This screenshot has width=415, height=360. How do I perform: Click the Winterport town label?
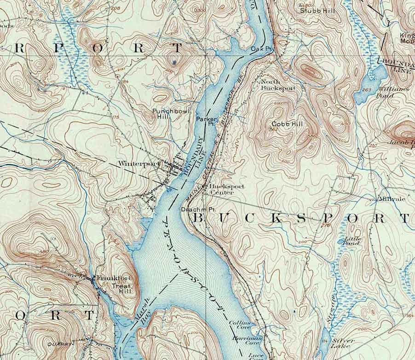pyautogui.click(x=132, y=163)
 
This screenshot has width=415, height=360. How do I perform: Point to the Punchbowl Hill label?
pyautogui.click(x=162, y=114)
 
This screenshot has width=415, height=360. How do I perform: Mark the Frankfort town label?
pyautogui.click(x=109, y=278)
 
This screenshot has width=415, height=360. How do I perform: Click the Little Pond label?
pyautogui.click(x=354, y=240)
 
